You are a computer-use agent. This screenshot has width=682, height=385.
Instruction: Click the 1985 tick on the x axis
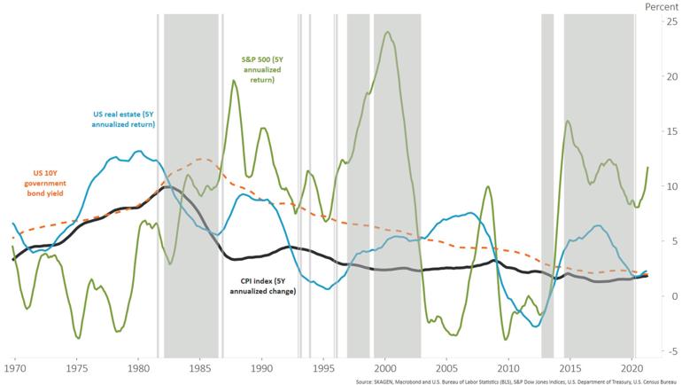pyautogui.click(x=199, y=366)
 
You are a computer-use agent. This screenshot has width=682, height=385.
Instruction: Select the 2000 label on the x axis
pyautogui.click(x=384, y=366)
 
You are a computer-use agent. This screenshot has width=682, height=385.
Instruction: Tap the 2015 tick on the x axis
pyautogui.click(x=570, y=366)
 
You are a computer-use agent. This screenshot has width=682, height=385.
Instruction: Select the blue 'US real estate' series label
pyautogui.click(x=124, y=119)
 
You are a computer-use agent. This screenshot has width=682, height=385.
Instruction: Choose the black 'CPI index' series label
pyautogui.click(x=260, y=285)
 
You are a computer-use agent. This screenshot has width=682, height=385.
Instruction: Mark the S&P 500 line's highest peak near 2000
pyautogui.click(x=388, y=32)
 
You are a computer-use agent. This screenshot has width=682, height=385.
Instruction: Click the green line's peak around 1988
pyautogui.click(x=234, y=81)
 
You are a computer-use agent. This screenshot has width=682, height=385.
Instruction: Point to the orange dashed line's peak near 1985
pyautogui.click(x=203, y=160)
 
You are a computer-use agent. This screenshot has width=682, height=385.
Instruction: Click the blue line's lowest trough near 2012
pyautogui.click(x=536, y=326)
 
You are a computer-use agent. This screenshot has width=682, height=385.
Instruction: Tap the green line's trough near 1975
pyautogui.click(x=78, y=338)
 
